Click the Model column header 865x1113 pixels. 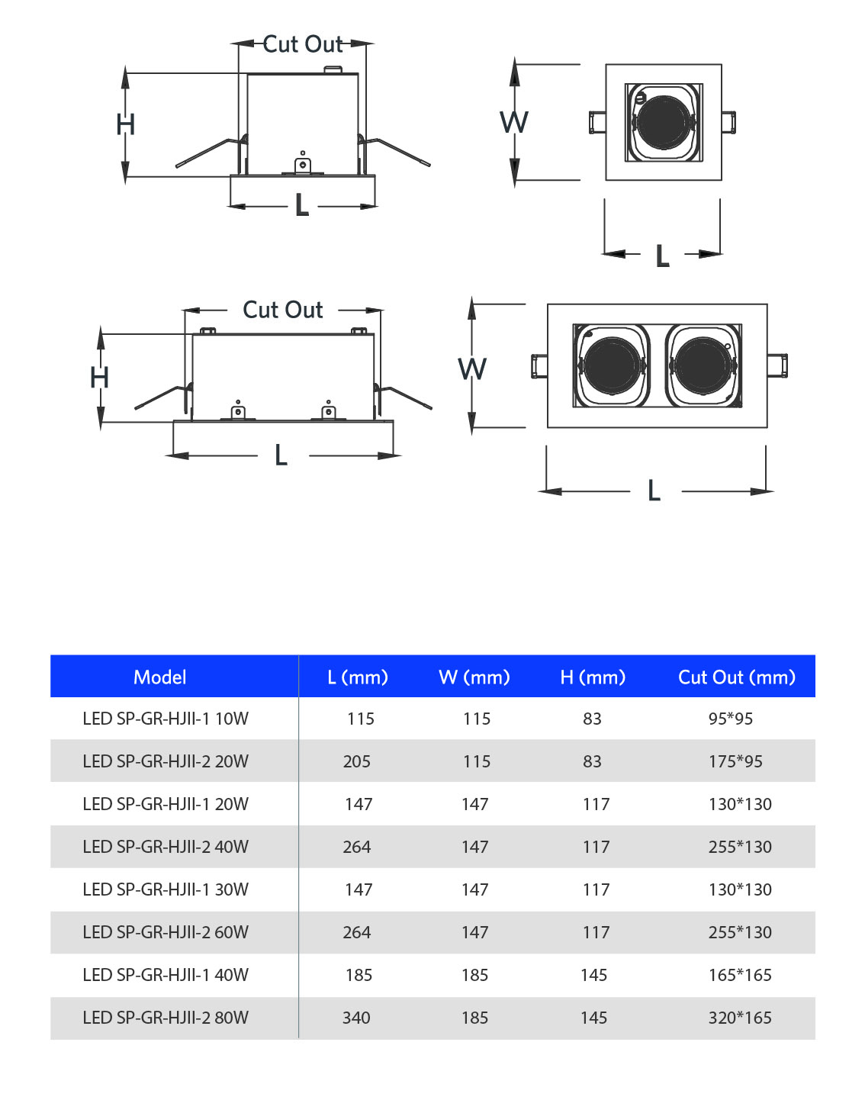[159, 677]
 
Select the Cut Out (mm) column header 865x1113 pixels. [736, 677]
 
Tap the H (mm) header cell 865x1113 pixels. [593, 677]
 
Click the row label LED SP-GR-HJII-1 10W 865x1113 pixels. [166, 719]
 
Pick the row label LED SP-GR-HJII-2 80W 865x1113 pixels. [166, 1018]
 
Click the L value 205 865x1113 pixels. [357, 761]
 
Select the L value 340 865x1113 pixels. [356, 1018]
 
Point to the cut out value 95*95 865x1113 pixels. [730, 719]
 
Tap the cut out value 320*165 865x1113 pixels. [739, 1018]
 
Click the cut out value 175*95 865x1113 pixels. [735, 761]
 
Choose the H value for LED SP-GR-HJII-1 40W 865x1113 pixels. [593, 975]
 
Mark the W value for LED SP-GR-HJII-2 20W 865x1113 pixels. [477, 761]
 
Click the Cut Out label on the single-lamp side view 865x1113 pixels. [303, 44]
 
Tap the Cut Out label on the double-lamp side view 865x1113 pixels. [282, 310]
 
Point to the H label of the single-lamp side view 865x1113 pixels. [126, 124]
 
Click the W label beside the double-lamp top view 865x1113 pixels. [472, 369]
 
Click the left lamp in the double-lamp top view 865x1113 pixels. [612, 365]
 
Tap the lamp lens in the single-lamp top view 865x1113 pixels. [663, 122]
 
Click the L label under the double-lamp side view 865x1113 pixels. [281, 455]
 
